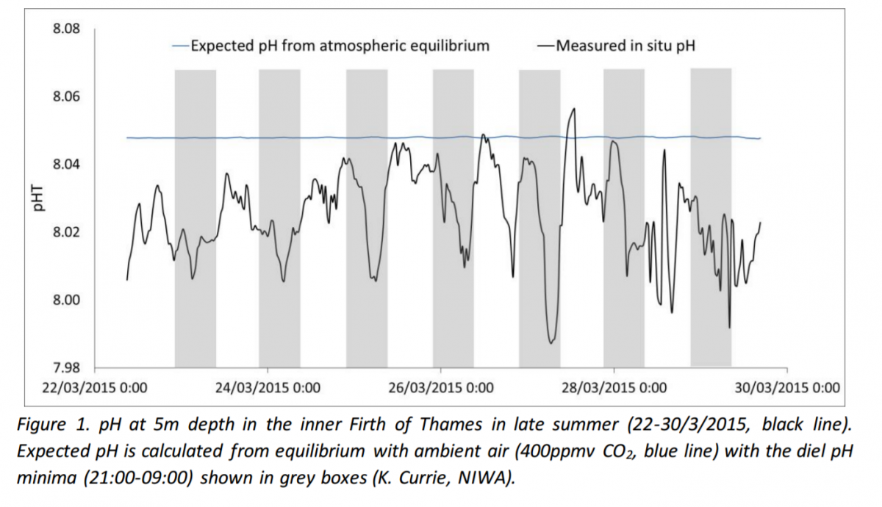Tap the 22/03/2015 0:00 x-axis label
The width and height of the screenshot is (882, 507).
pos(93,387)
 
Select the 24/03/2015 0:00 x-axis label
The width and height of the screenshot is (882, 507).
pos(267,387)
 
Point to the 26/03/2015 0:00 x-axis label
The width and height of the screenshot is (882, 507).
pos(441,387)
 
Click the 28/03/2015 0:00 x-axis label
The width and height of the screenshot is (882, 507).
pos(614,387)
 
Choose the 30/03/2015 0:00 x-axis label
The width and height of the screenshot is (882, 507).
pos(787,387)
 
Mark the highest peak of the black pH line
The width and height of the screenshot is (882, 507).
pos(573,109)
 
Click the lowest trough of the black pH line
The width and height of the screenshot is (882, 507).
pos(551,342)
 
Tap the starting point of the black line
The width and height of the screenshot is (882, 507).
pos(127,280)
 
